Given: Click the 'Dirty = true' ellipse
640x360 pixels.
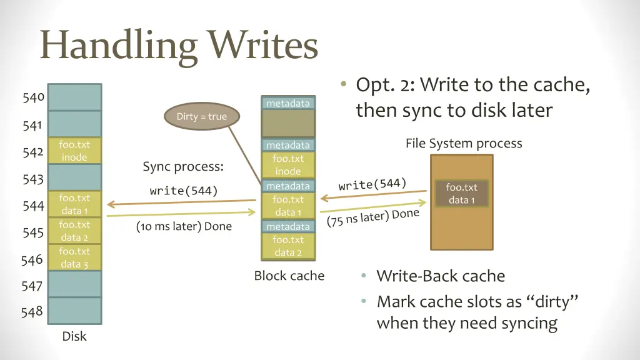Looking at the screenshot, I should click(x=201, y=117).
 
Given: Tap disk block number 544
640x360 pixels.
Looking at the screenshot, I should click(x=32, y=206).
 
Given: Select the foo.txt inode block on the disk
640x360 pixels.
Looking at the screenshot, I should click(x=74, y=151).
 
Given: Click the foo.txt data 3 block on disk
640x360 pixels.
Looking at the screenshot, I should click(x=74, y=257).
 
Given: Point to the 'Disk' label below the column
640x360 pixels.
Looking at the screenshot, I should click(x=74, y=336).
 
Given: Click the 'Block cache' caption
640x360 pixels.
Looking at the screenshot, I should click(x=289, y=276).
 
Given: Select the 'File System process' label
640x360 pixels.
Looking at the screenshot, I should click(x=463, y=143).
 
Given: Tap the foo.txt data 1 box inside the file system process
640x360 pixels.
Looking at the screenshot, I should click(x=461, y=194).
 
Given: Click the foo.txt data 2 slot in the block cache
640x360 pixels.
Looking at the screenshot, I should click(x=288, y=246).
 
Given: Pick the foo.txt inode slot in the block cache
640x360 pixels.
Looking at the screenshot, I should click(x=288, y=165).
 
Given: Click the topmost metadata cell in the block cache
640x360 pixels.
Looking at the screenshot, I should click(x=288, y=103).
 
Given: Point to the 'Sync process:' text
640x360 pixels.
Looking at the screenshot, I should click(x=183, y=167).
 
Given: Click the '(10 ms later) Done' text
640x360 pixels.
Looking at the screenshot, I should click(x=184, y=226).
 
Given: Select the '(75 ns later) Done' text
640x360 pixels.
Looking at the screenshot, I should click(x=372, y=218).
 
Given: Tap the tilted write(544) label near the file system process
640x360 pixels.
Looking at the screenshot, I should click(x=372, y=184).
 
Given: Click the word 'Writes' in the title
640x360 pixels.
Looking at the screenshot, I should click(x=263, y=46).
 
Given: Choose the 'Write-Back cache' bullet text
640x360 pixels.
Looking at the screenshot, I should click(x=441, y=276).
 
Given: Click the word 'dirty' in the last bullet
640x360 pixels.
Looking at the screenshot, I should click(x=552, y=302).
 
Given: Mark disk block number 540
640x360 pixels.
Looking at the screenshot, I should click(x=32, y=97).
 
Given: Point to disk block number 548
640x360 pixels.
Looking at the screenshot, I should click(x=32, y=311).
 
